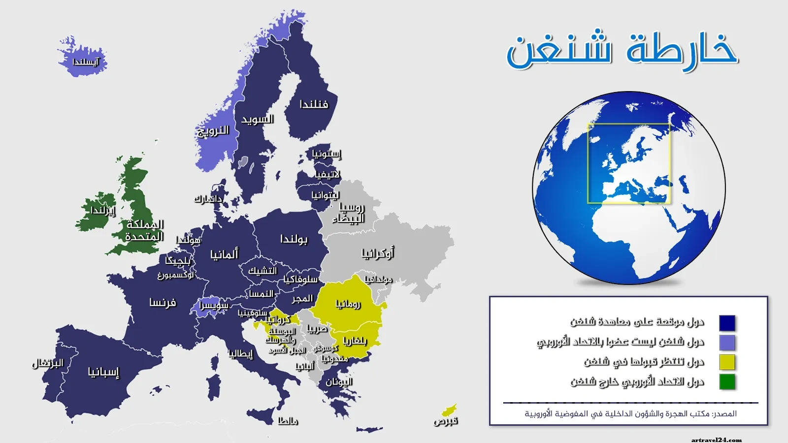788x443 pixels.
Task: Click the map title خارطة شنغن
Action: pos(622,51)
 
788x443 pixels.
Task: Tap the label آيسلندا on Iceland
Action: pos(86,62)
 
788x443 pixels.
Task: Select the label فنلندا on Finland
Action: pos(314,104)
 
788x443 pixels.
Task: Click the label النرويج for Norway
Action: pos(213,130)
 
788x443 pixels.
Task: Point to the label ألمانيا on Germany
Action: pos(224,254)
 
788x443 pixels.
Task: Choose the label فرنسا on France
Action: pos(163,303)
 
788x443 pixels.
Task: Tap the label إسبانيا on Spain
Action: pos(103,372)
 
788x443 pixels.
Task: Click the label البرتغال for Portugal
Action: pos(48,364)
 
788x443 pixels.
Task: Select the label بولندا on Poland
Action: pos(294,239)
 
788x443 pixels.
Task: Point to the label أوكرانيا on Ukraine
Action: pos(378,253)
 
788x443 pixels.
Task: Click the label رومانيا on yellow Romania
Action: pos(348,304)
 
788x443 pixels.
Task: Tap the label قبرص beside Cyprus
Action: pos(446,421)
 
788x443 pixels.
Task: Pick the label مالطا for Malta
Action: pos(288,421)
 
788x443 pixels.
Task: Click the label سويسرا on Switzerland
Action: pos(214,306)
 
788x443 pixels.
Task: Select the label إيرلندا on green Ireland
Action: pos(102,211)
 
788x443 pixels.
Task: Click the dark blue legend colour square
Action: pos(727,323)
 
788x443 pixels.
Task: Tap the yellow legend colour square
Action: pos(727,362)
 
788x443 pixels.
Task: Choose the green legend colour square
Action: pos(727,381)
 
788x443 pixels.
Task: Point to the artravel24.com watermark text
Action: pos(717,440)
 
